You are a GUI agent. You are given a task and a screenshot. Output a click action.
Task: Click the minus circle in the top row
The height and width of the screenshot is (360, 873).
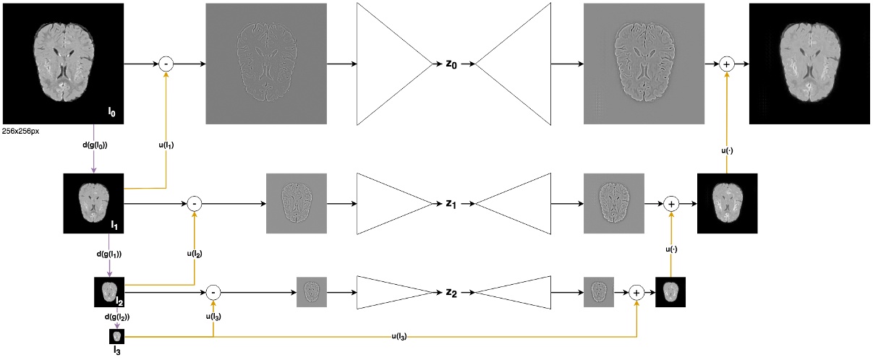coord(166,64)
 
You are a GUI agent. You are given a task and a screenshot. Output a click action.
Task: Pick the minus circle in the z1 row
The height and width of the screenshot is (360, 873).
coord(194,205)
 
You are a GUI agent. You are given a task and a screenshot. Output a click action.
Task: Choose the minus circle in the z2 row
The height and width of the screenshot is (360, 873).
coord(213,292)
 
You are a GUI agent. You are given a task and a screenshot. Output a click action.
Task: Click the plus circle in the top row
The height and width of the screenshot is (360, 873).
coord(728,64)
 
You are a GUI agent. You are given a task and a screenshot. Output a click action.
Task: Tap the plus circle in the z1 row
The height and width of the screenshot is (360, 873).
coord(671,205)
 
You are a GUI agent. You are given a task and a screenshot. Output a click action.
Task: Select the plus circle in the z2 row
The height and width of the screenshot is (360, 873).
coord(636,292)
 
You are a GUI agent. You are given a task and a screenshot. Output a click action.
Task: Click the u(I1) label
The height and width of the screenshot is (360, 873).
coord(166,145)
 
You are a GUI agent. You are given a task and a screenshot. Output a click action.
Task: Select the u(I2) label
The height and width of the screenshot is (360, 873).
coord(195,254)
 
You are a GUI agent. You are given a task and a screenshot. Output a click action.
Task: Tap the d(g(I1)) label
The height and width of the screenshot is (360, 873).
coord(108,254)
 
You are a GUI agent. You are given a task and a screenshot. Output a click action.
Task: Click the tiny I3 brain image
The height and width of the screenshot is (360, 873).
coord(117,336)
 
